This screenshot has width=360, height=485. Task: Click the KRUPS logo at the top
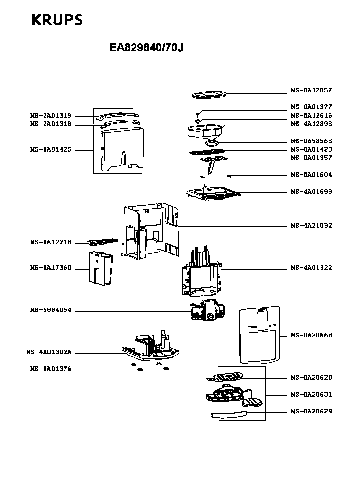click(x=57, y=20)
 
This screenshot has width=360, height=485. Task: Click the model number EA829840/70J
click(x=146, y=47)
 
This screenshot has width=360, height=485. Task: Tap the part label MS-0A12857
click(x=311, y=90)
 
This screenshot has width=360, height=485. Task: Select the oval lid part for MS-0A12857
click(x=209, y=95)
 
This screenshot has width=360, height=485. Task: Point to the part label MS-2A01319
click(x=51, y=116)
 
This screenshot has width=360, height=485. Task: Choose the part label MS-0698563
click(x=311, y=140)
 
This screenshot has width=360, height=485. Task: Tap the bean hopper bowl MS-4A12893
click(x=205, y=131)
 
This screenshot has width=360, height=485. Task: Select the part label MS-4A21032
click(x=311, y=225)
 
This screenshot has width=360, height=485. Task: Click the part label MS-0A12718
click(x=51, y=242)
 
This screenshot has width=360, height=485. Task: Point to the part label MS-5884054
click(x=51, y=310)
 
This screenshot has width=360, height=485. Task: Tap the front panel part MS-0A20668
click(x=260, y=335)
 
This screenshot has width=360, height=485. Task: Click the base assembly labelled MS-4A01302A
click(x=151, y=347)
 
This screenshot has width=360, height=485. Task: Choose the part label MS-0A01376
click(x=51, y=369)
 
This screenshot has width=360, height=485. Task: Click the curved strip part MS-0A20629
click(x=229, y=414)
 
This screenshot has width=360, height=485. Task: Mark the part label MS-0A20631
click(x=311, y=394)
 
